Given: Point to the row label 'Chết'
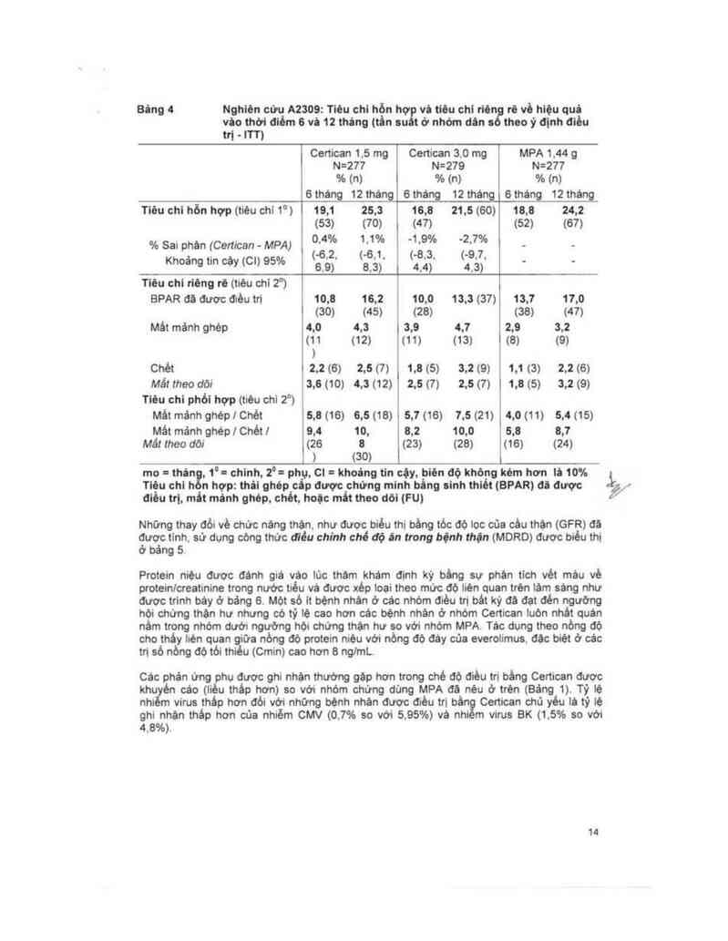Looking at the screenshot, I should click(x=162, y=367).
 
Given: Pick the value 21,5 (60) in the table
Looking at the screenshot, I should click(x=475, y=210).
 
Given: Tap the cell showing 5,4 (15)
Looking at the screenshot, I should click(x=571, y=415).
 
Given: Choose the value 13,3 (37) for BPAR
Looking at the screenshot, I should click(x=474, y=298).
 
